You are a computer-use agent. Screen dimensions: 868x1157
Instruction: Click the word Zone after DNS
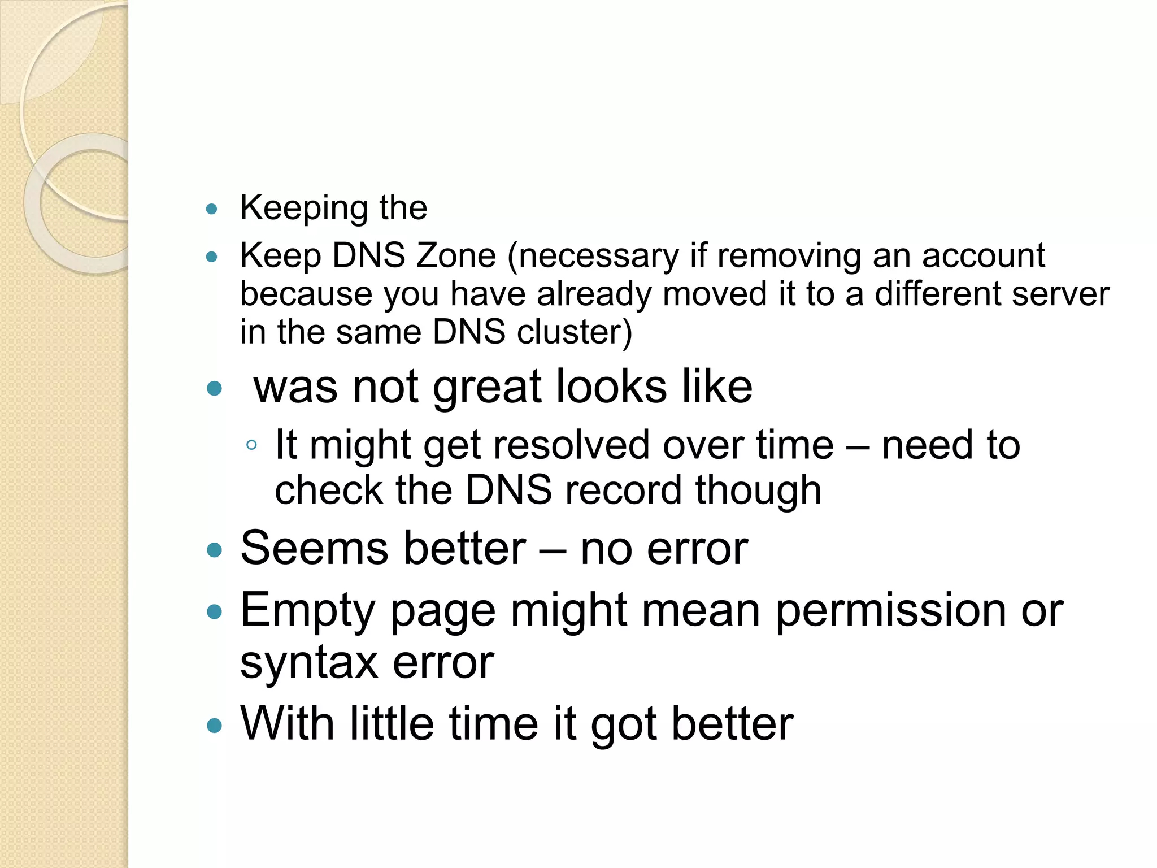[x=455, y=255]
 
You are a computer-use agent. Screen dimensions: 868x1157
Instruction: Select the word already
[x=594, y=295]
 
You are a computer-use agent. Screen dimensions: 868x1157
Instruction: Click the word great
[x=487, y=388]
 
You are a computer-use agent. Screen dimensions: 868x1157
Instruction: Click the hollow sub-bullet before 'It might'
[x=252, y=445]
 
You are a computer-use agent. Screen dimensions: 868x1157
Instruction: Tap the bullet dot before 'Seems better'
[x=214, y=550]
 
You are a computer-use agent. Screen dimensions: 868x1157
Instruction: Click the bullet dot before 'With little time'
[x=214, y=725]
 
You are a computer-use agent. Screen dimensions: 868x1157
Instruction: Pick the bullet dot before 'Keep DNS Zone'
[x=212, y=257]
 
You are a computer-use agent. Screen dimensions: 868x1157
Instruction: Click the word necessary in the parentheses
[x=598, y=257]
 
